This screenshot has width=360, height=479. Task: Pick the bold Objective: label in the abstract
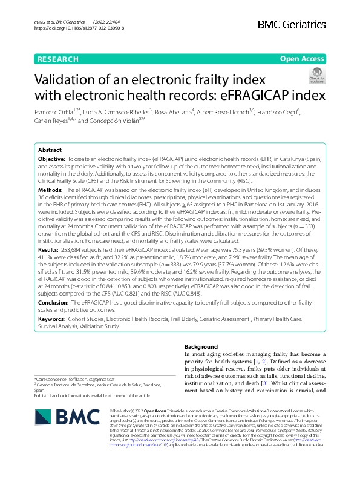click(51, 158)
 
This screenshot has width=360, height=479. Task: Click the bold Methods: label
click(50, 190)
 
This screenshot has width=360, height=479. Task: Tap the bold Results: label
click(48, 249)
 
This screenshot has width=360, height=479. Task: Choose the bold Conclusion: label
click(53, 301)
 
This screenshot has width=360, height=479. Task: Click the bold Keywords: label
click(52, 318)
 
